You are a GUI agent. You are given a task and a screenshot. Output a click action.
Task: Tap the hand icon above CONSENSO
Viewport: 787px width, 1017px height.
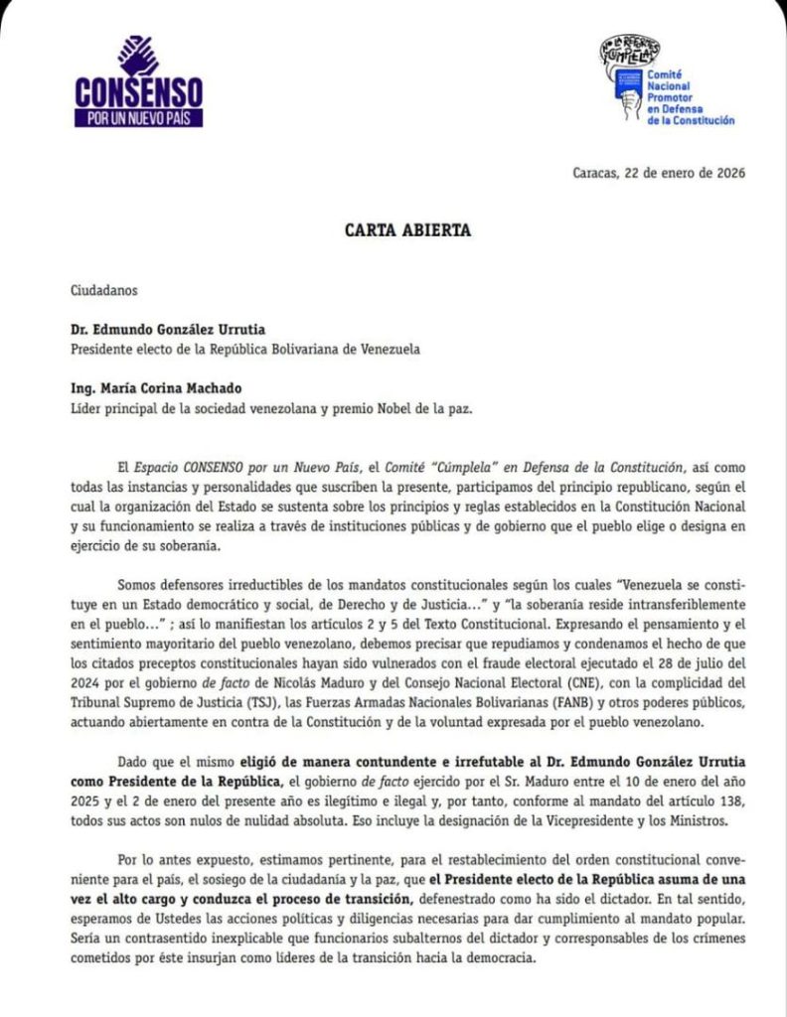click(x=138, y=57)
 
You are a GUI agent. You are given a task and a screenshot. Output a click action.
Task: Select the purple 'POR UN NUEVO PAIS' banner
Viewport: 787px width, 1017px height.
click(x=138, y=117)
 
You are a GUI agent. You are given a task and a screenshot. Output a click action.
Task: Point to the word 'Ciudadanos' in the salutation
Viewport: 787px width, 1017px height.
click(x=105, y=291)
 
